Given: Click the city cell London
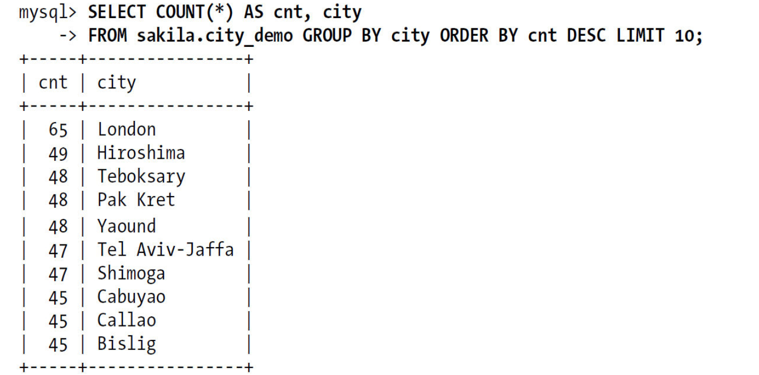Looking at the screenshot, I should click(127, 129).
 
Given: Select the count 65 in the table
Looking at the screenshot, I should click(58, 130).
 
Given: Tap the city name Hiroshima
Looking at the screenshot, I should click(141, 153).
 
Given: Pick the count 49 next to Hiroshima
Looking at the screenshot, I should click(58, 154).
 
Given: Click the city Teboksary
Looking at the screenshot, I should click(141, 176).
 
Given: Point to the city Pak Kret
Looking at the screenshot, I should click(136, 200).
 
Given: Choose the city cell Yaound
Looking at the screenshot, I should click(127, 226).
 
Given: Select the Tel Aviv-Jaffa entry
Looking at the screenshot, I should click(165, 249).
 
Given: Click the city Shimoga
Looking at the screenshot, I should click(131, 273).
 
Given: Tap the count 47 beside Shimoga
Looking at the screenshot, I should click(58, 274).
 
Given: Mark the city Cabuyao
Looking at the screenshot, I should click(131, 297).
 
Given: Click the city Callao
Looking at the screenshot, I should click(127, 320).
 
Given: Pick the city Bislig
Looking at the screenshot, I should click(127, 344).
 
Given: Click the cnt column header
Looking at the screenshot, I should click(53, 83).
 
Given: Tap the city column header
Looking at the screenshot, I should click(117, 83).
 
